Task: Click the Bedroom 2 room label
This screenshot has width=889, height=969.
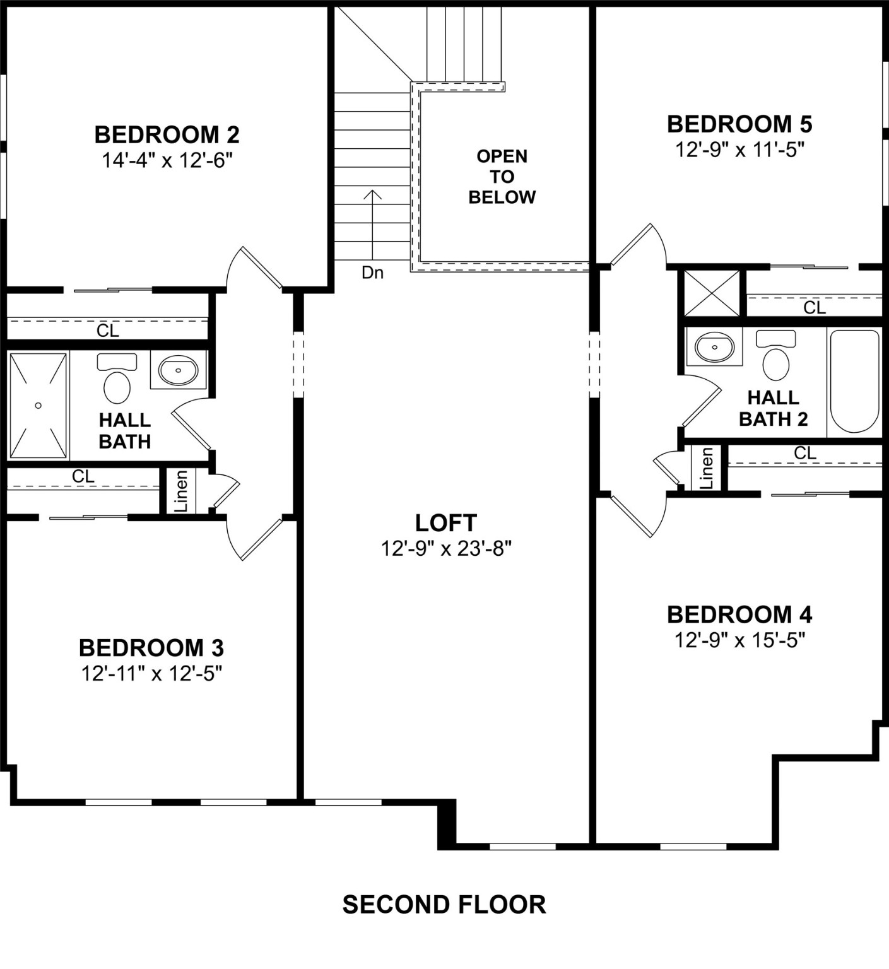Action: point(167,134)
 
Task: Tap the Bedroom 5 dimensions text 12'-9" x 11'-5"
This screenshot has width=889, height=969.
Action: point(739,150)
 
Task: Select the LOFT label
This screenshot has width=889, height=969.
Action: point(445,522)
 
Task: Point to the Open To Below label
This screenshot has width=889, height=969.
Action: point(502,177)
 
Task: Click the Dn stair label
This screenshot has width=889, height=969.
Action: point(372,273)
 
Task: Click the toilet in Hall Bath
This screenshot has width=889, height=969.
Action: point(117,380)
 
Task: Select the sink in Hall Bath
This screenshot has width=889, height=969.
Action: point(179,370)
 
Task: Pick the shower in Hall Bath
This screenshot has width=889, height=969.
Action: point(38,406)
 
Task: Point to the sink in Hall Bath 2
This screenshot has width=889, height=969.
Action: point(715,346)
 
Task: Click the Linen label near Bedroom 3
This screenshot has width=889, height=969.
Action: point(181,491)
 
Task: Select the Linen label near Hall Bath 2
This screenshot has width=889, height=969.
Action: point(707,468)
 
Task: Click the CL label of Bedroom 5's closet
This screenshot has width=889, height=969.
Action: point(814,308)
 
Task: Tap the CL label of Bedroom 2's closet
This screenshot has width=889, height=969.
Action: point(108,330)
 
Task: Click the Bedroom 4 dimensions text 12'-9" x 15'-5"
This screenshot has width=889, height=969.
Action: point(739,640)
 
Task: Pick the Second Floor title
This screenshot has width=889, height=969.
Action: point(444,904)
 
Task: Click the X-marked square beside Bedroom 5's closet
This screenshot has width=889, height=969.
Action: point(712,293)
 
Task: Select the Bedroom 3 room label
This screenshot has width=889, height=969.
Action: point(151,647)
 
